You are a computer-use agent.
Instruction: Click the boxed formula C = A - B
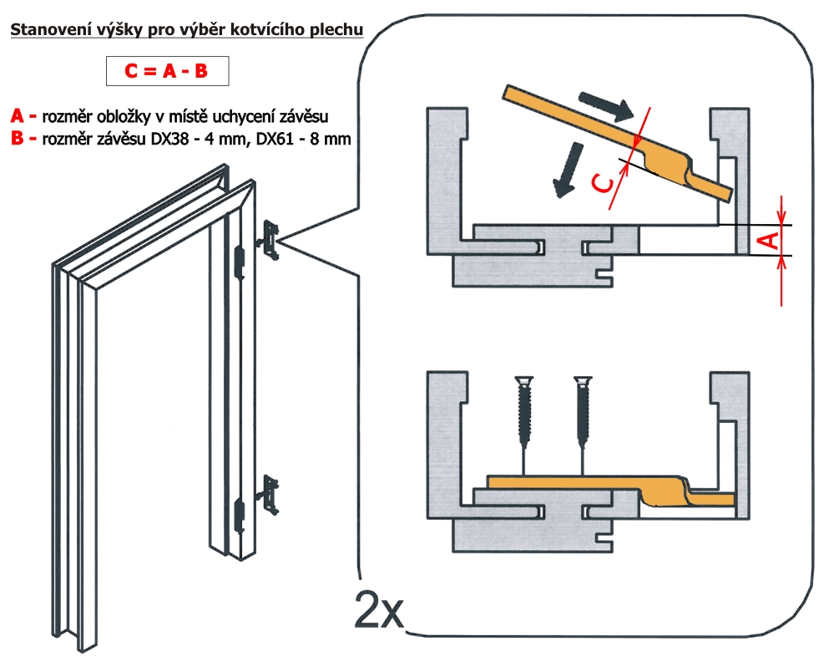[x=166, y=71]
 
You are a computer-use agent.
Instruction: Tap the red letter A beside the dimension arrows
[x=772, y=241]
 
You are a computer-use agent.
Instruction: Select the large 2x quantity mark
[x=380, y=611]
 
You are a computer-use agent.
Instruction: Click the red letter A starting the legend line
[x=18, y=116]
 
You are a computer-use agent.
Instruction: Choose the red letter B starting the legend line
[x=18, y=139]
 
